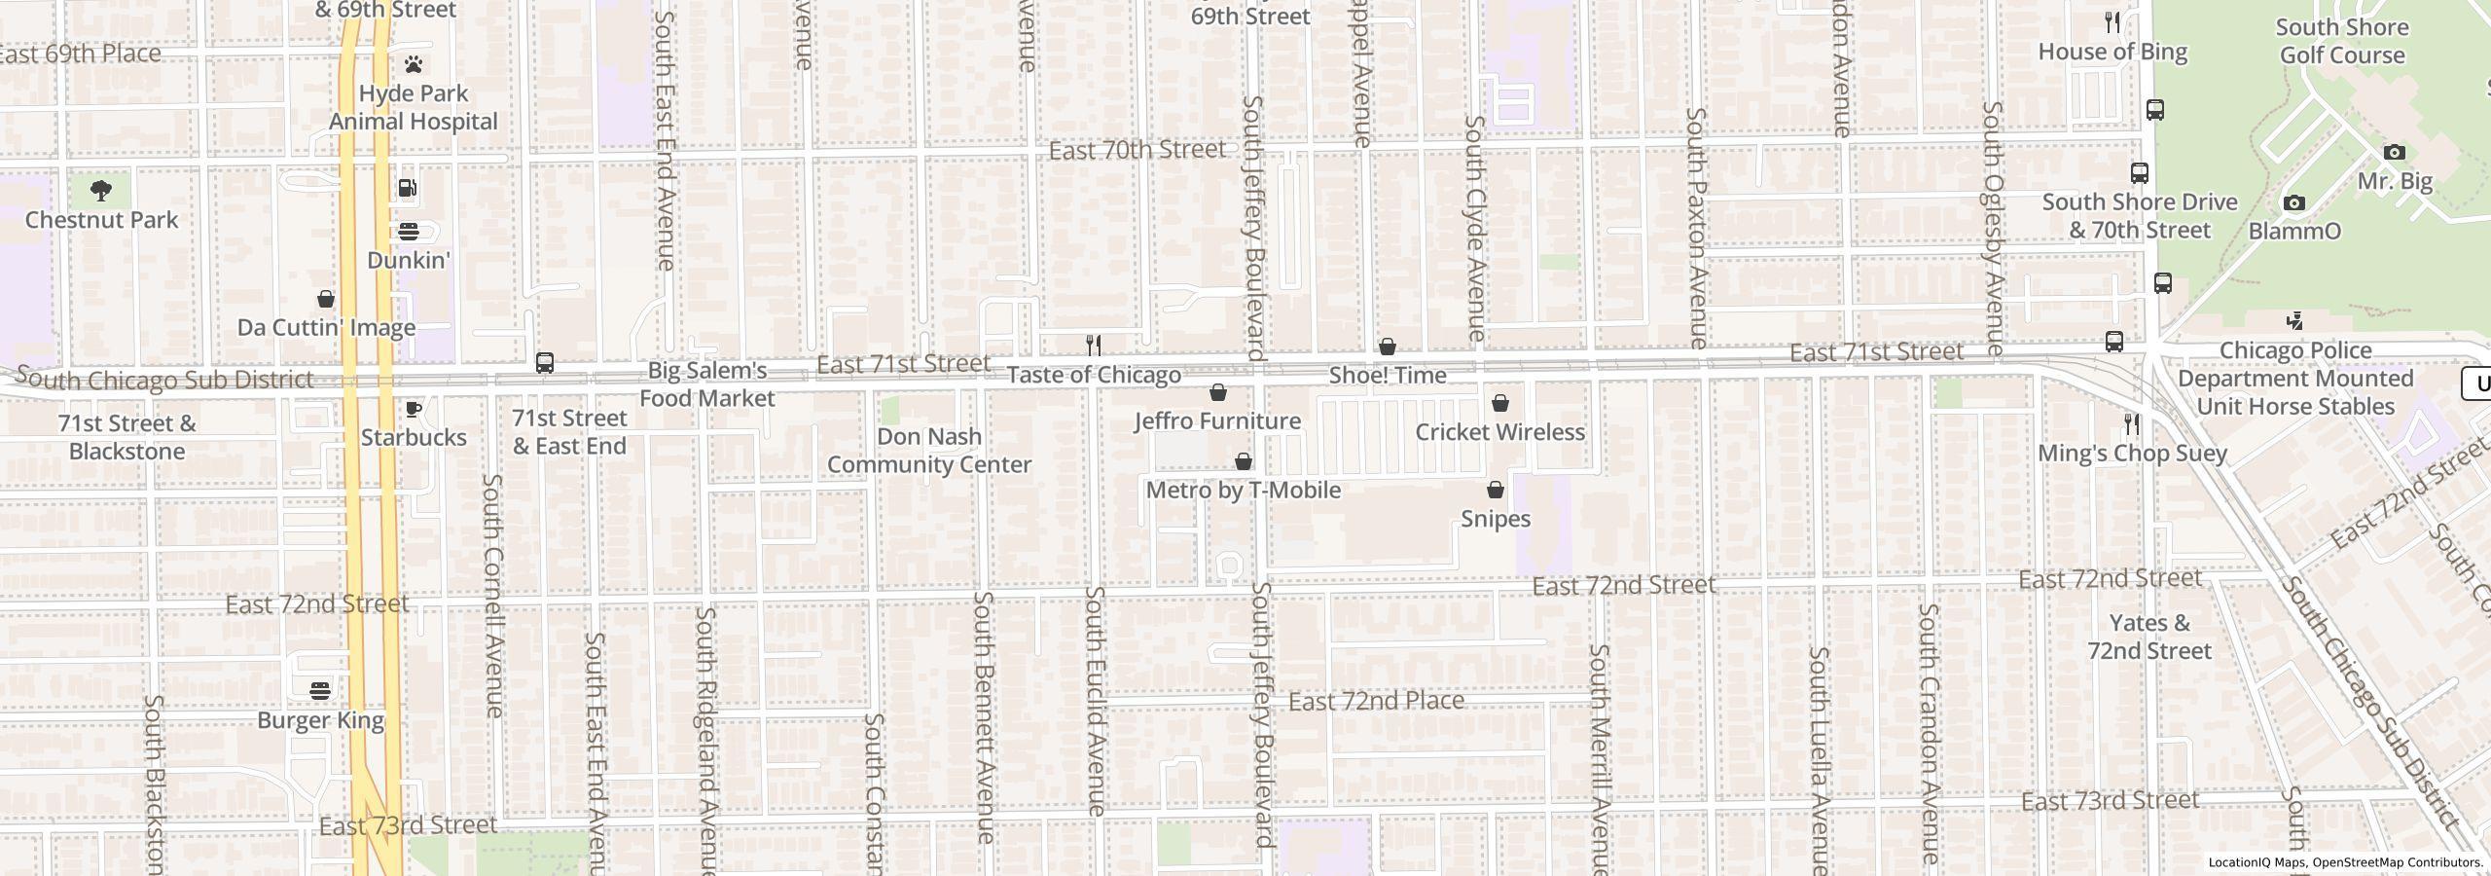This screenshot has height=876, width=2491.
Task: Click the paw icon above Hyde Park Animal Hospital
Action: pyautogui.click(x=414, y=65)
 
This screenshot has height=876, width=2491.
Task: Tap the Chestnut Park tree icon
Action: pyautogui.click(x=101, y=190)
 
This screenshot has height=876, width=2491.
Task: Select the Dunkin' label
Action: pyautogui.click(x=409, y=261)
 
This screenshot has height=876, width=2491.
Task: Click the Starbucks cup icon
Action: pyautogui.click(x=413, y=409)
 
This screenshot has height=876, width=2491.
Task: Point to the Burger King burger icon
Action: pyautogui.click(x=321, y=691)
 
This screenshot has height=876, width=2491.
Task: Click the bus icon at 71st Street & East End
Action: pyautogui.click(x=545, y=363)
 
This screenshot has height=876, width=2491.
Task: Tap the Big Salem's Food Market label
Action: pyautogui.click(x=707, y=384)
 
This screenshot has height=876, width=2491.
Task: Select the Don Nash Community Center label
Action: pyautogui.click(x=929, y=451)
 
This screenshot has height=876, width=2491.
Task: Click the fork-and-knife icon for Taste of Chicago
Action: pyautogui.click(x=1094, y=346)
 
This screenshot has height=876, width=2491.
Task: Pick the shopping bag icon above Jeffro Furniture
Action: pyautogui.click(x=1217, y=392)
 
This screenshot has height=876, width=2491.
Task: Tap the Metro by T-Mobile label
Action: pyautogui.click(x=1243, y=491)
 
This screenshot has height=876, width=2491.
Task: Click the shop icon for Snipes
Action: pyautogui.click(x=1496, y=490)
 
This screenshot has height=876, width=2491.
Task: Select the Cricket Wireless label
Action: pyautogui.click(x=1499, y=432)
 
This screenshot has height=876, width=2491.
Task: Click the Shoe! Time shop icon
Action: pyautogui.click(x=1388, y=347)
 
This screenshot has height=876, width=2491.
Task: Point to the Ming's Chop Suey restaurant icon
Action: pyautogui.click(x=2132, y=424)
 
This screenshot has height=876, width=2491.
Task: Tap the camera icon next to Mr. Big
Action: pyautogui.click(x=2395, y=153)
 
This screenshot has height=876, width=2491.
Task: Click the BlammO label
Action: pyautogui.click(x=2294, y=232)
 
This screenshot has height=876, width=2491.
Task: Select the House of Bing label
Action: pyautogui.click(x=2112, y=53)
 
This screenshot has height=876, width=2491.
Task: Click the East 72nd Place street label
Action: pyautogui.click(x=1376, y=701)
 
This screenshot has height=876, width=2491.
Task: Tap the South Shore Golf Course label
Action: pyautogui.click(x=2342, y=42)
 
